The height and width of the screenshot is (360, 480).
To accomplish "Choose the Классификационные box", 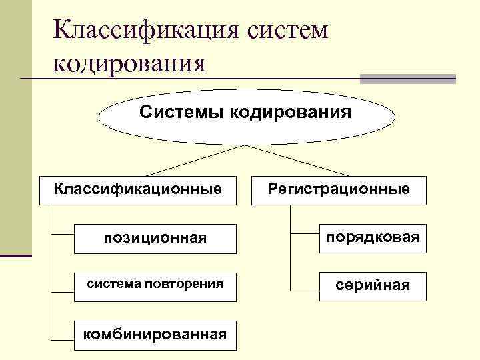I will point(138,190).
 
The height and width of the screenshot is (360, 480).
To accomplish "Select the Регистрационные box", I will point(339,190).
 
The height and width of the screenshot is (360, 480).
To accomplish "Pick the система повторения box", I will point(155,285).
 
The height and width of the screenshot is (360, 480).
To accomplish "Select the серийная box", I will point(372,285).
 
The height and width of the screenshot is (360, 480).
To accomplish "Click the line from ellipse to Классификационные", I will point(193,161).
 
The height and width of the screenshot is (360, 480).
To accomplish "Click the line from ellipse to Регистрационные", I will point(293,161).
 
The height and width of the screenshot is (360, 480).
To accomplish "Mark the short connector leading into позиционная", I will point(62,234).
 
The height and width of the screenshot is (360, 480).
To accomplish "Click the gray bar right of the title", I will point(407,78).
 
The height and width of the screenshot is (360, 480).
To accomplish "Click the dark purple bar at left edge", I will point(15,255).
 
